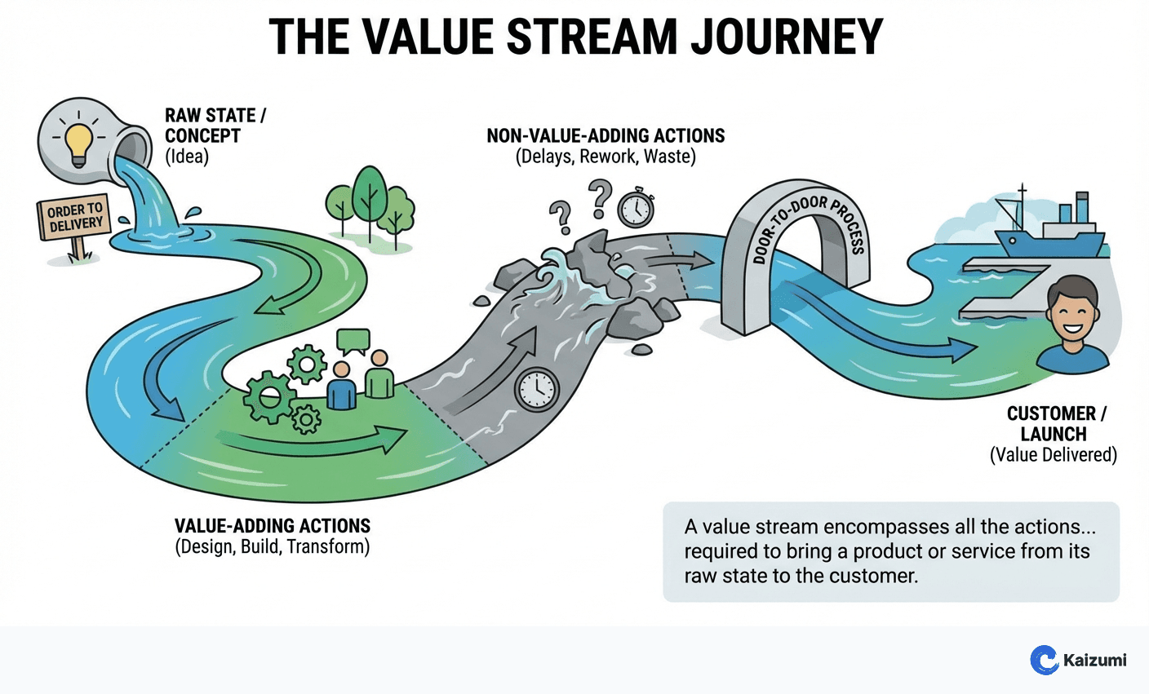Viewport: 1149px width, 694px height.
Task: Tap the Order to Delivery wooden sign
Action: pos(73,218)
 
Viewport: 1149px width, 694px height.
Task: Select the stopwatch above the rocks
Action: pos(635,208)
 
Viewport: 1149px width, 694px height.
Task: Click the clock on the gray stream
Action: pos(536,390)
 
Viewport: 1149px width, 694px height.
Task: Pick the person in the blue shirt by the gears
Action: pos(341,387)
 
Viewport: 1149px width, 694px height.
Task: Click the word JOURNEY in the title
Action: pos(787,37)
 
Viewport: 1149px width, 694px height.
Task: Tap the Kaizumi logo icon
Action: pos(1044,660)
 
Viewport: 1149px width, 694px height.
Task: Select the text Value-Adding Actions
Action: pos(273,526)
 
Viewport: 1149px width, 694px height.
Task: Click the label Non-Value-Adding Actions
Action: pos(606,135)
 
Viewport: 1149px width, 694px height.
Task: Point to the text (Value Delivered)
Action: pos(1053,455)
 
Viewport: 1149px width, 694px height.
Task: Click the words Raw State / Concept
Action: pos(214,126)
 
